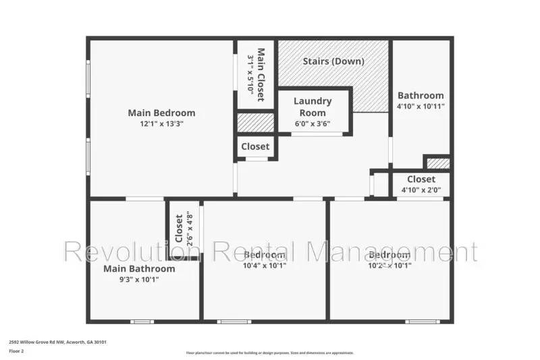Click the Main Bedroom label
tap(161, 113)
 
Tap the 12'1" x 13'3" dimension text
tap(161, 124)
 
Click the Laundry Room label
tap(313, 107)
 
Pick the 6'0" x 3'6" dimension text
tap(313, 124)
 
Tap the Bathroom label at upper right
tap(421, 95)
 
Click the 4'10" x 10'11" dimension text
tap(421, 106)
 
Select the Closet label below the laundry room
tap(255, 146)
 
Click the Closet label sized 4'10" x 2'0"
tap(421, 179)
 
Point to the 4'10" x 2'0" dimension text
tap(421, 190)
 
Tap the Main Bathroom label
tap(139, 269)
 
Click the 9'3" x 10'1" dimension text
tap(139, 280)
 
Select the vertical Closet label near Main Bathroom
tap(179, 228)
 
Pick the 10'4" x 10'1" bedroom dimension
tap(265, 265)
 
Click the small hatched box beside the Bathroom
tap(437, 163)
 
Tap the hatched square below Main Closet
tap(255, 123)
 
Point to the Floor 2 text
tap(17, 351)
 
